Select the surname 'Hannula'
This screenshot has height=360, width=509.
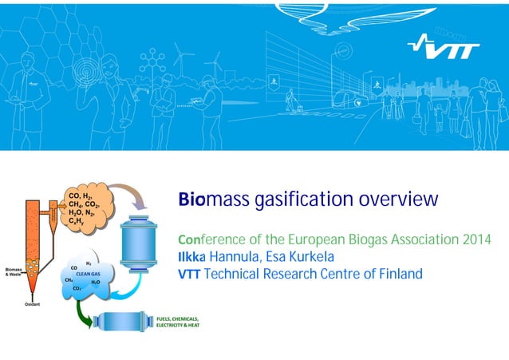coord(247,258)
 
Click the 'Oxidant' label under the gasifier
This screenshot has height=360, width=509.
coord(32,304)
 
